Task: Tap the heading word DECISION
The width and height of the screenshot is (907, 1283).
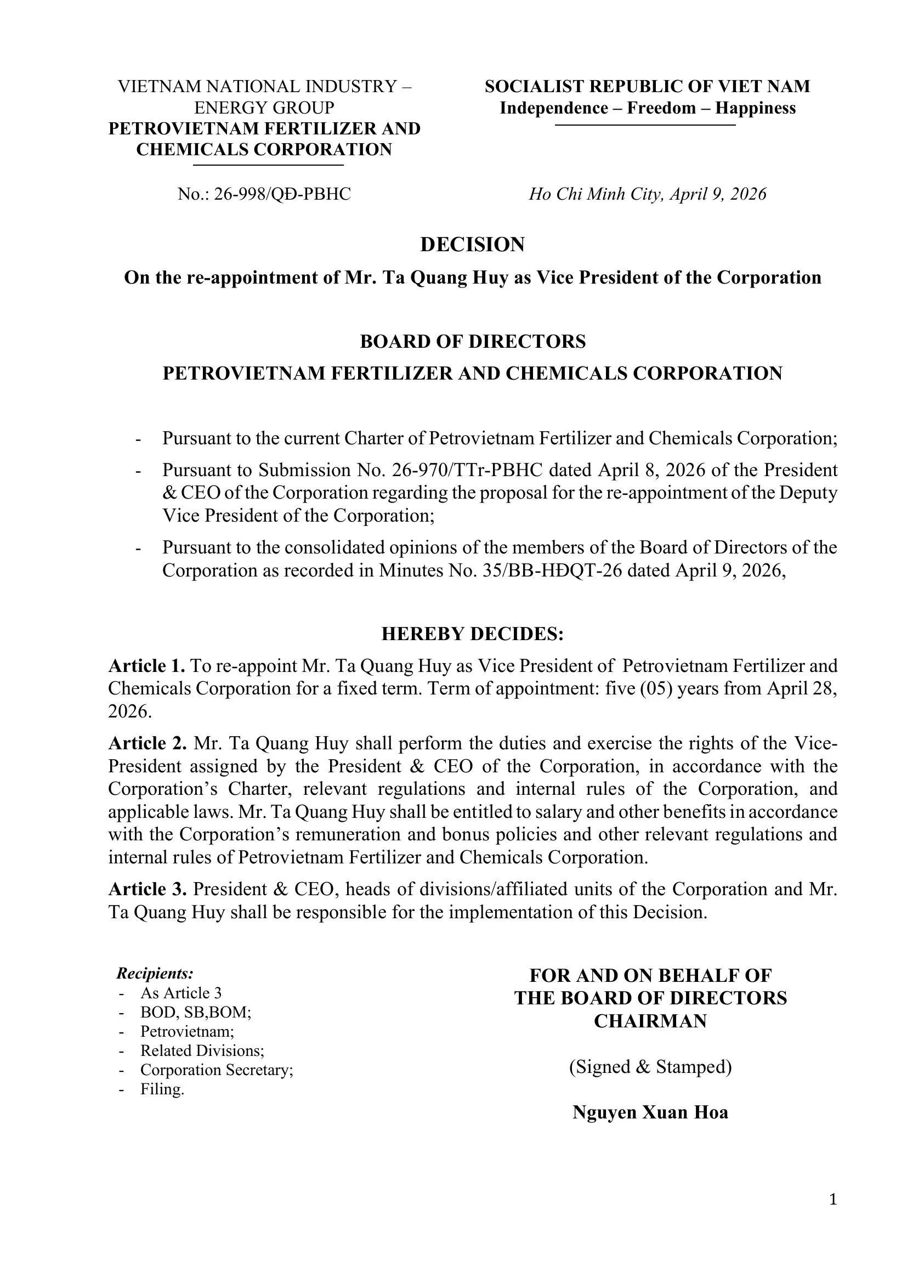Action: point(473,244)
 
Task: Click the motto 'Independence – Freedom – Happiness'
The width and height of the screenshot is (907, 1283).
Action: point(647,108)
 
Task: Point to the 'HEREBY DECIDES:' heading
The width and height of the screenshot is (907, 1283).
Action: point(473,634)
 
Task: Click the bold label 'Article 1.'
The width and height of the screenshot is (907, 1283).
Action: point(146,665)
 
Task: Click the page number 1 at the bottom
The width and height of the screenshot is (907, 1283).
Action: point(833,1200)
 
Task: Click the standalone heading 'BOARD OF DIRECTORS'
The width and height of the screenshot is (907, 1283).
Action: point(473,341)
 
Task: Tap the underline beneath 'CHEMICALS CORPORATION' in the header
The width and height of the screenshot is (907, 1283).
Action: point(268,166)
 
